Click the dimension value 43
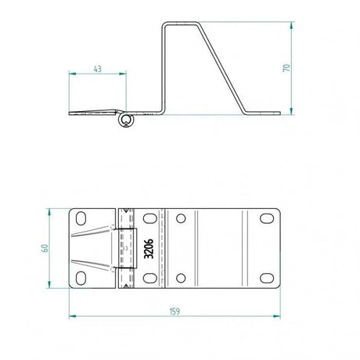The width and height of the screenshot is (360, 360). pos(97,69)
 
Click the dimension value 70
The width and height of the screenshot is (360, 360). pos(286,68)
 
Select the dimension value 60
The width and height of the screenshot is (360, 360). pos(45,248)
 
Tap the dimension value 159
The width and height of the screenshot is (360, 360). pos(175,311)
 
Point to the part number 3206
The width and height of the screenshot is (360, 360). pos(149,249)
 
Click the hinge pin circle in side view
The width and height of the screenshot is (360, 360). pos(126,121)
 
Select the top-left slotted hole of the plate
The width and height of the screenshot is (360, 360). pos(81,218)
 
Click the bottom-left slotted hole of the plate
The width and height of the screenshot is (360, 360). pos(81,278)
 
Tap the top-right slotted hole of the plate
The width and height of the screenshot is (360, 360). pos(267,218)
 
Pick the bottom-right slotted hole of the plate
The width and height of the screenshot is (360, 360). pos(267,278)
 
